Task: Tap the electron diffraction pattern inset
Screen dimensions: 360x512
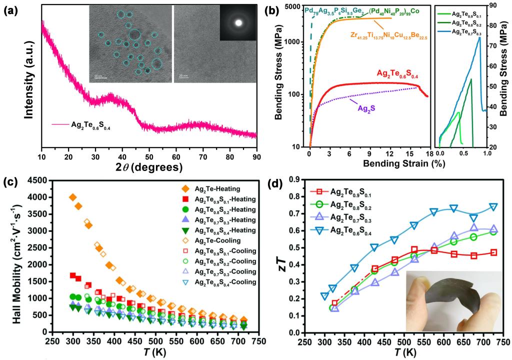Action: [239, 22]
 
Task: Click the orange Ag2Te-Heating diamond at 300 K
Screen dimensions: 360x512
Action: [73, 197]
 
